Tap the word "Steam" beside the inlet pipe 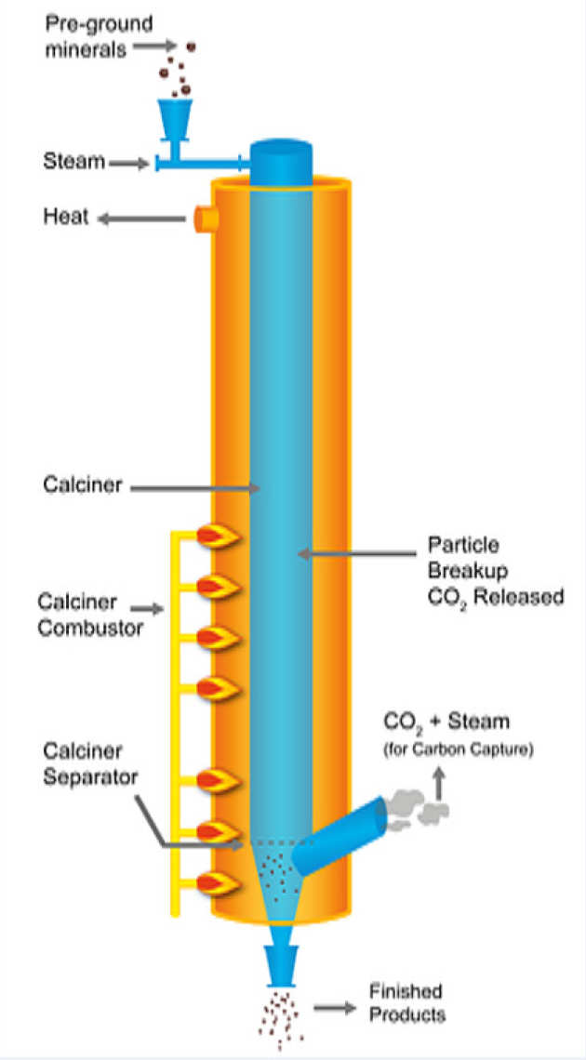click(x=73, y=162)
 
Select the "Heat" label click(x=65, y=219)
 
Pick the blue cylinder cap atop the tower click(x=281, y=158)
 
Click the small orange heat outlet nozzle click(x=206, y=220)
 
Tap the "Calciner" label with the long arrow click(x=83, y=485)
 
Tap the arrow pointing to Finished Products click(x=336, y=1007)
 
